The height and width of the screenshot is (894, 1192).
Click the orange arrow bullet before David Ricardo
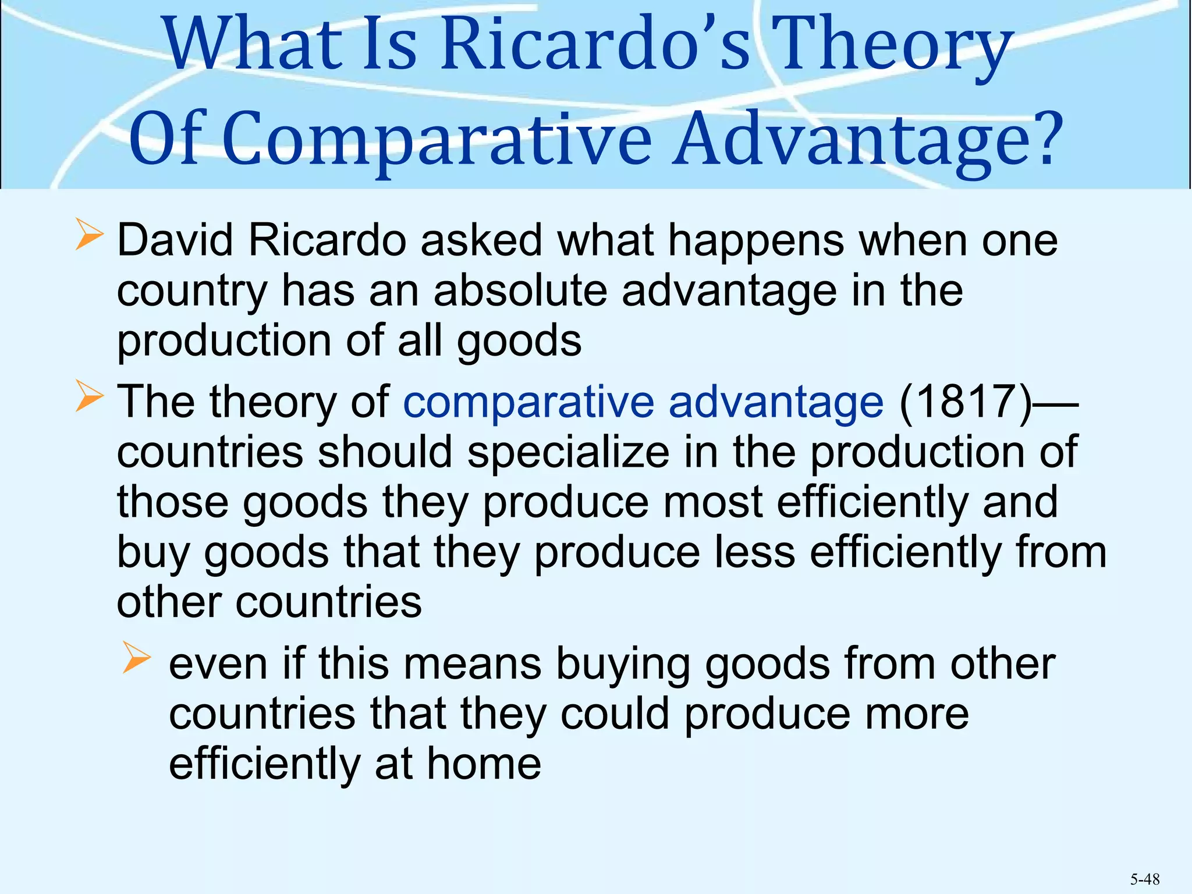[x=89, y=237]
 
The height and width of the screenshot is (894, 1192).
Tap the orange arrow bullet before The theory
[x=89, y=399]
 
